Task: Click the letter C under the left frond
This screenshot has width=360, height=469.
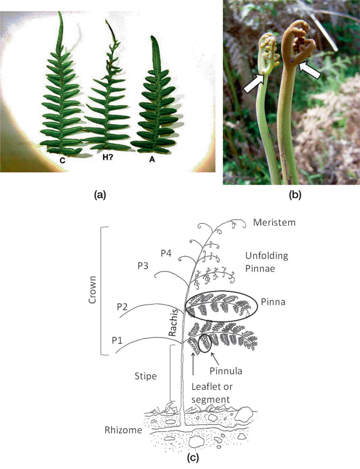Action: point(62,161)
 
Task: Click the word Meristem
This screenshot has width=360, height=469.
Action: point(274,223)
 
